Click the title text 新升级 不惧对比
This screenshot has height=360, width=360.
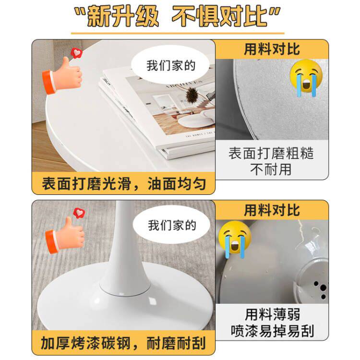[177, 16]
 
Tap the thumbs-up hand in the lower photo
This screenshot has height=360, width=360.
[65, 236]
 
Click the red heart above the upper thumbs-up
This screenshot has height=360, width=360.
[76, 53]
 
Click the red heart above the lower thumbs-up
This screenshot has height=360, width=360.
[79, 213]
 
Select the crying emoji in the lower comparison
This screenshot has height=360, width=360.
[235, 239]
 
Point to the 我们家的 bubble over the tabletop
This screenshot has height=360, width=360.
[171, 65]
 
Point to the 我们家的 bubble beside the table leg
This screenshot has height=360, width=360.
[172, 225]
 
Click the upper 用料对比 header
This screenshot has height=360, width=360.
[272, 49]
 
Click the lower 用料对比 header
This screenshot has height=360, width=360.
[272, 210]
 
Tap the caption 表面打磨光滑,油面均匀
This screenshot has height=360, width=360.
[123, 184]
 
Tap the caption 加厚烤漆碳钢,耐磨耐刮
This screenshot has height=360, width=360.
[123, 343]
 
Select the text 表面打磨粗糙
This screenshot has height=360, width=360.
[271, 154]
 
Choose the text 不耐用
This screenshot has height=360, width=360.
[271, 169]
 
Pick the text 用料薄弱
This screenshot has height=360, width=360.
[272, 314]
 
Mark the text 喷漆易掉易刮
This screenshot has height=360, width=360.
[272, 331]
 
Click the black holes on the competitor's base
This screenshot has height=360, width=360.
[321, 289]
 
